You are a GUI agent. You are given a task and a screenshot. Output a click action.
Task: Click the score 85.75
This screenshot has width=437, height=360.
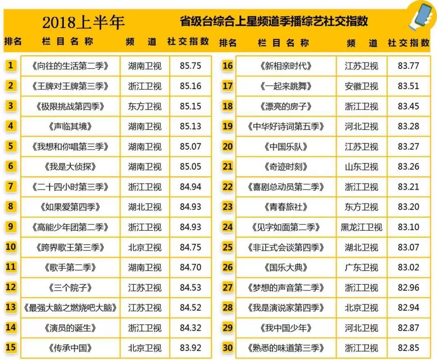(x=190, y=66)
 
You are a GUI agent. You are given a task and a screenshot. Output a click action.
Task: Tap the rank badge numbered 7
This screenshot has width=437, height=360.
(x=11, y=187)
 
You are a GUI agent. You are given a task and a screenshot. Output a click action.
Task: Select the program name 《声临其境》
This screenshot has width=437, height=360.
(x=70, y=126)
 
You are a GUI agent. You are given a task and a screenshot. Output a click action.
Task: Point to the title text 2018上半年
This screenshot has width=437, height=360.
(x=83, y=22)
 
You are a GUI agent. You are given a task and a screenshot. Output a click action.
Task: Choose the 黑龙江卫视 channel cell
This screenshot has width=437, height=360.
(x=361, y=227)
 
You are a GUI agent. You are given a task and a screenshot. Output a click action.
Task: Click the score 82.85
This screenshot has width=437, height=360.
(x=408, y=348)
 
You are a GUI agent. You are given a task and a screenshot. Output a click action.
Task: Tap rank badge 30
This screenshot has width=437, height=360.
(x=228, y=348)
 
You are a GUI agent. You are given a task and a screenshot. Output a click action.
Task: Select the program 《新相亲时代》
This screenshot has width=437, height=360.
(x=286, y=66)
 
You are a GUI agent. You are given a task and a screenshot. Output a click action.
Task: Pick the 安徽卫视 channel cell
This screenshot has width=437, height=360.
(x=361, y=86)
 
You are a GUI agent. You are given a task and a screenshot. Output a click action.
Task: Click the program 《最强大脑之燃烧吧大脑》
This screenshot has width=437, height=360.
(x=70, y=308)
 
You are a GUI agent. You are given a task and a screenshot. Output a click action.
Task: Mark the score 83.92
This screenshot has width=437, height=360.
(x=190, y=348)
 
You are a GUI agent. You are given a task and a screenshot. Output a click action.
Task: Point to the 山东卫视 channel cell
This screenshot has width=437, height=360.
(x=361, y=166)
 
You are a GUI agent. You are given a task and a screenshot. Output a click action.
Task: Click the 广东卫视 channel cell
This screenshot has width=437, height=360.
(x=361, y=267)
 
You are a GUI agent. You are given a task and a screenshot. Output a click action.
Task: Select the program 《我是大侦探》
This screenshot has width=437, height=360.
(x=70, y=166)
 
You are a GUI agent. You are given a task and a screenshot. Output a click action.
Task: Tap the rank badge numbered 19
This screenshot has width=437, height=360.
(x=228, y=126)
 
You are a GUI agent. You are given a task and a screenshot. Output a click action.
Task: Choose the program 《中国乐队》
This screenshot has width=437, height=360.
(x=286, y=147)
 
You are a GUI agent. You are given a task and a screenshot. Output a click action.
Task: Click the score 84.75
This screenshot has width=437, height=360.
(x=190, y=247)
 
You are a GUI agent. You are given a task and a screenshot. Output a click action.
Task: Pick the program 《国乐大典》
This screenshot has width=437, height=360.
(x=286, y=267)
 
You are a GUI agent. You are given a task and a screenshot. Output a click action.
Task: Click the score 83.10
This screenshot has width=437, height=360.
(x=408, y=227)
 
